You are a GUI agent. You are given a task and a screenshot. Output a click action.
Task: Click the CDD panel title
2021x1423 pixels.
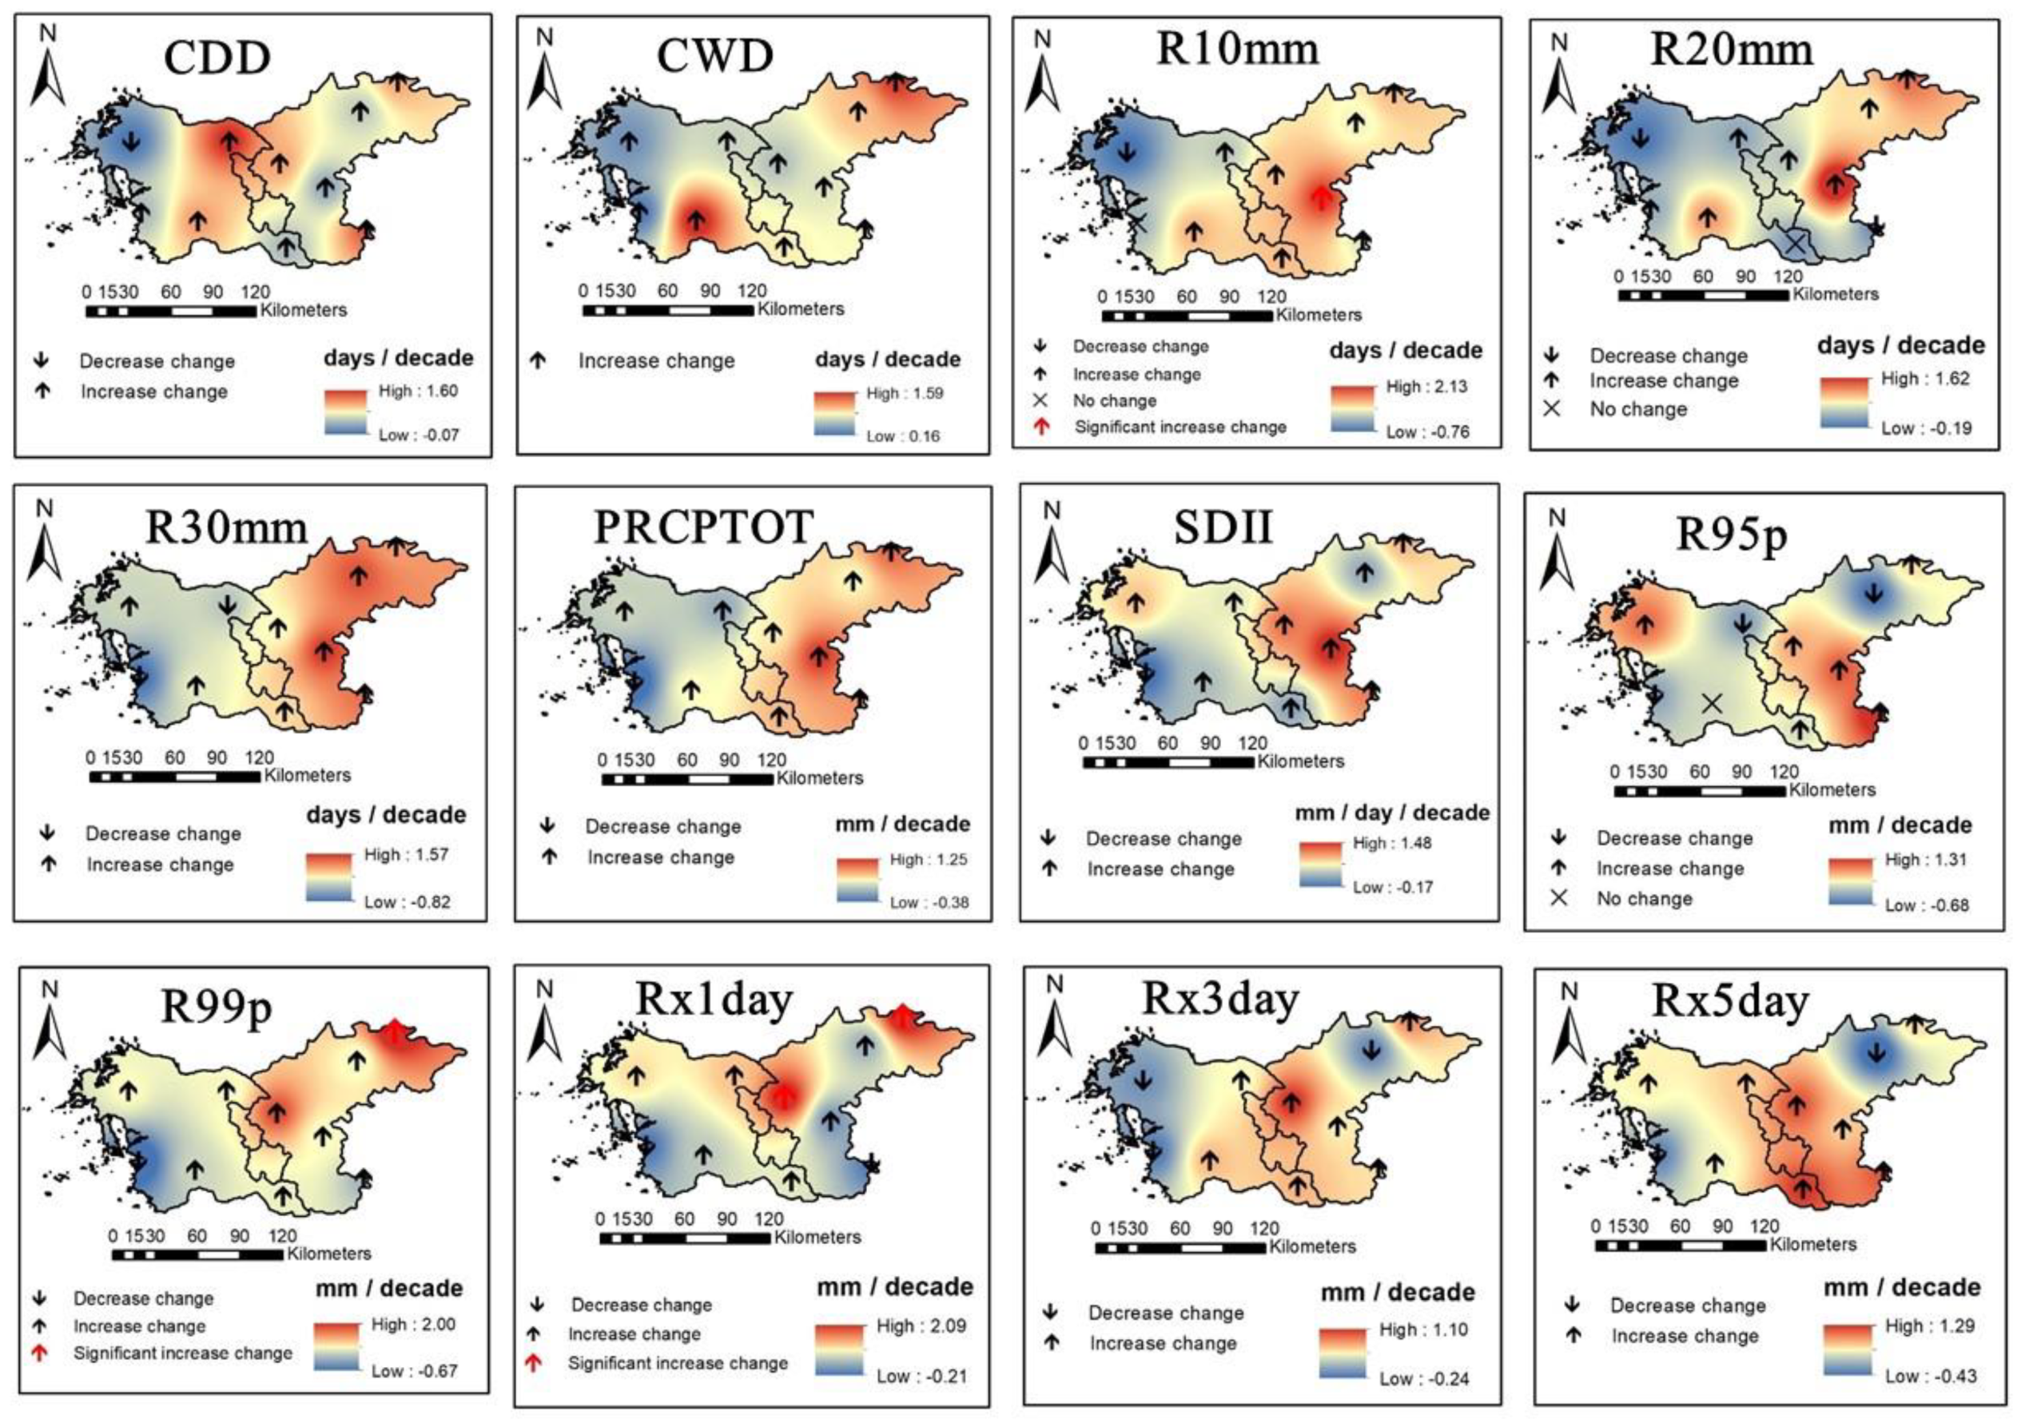217,58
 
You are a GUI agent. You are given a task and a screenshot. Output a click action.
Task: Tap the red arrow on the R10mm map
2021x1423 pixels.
1319,197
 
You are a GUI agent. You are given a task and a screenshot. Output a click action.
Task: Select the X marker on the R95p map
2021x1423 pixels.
1711,703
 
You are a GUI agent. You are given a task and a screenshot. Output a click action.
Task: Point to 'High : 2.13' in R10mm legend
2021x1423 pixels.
1426,387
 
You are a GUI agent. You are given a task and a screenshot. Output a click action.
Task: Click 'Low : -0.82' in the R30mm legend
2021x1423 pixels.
407,902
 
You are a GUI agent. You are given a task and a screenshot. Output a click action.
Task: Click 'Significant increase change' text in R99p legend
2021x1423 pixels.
182,1353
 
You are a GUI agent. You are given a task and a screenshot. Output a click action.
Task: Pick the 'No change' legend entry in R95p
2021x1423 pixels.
1645,899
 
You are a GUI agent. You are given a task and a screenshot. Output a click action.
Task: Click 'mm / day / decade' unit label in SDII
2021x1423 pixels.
1391,813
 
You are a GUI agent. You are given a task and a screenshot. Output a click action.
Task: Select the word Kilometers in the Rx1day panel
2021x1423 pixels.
817,1238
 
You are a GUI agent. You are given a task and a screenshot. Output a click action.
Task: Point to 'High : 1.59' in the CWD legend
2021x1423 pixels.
904,393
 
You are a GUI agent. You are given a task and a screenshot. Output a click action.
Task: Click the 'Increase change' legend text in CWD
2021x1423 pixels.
656,361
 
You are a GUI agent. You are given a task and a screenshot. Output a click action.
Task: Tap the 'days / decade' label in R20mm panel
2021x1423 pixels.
1900,345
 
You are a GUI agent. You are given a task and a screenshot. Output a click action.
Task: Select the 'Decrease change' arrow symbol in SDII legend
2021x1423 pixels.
1048,838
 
